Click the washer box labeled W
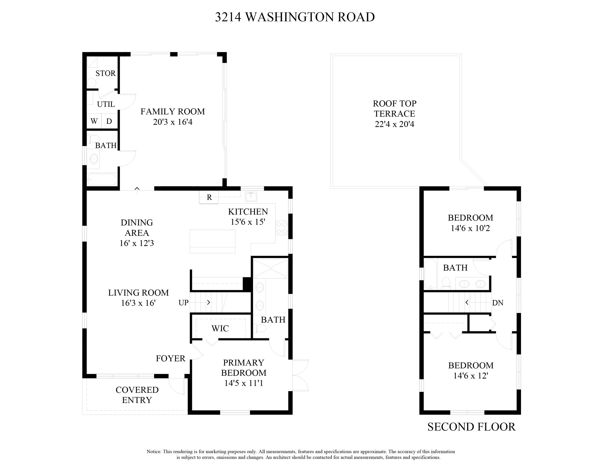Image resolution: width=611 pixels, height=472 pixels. (94, 121)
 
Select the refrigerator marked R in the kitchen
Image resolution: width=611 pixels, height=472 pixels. (209, 197)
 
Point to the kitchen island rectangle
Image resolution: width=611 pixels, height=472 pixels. (212, 241)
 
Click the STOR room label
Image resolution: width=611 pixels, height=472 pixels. (105, 73)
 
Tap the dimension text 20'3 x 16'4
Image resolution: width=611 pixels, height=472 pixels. (173, 122)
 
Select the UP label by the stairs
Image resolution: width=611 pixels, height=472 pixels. (184, 303)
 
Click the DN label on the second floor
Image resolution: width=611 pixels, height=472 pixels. (498, 303)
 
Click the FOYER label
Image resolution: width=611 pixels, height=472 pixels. (170, 358)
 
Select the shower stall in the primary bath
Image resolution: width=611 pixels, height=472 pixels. (270, 268)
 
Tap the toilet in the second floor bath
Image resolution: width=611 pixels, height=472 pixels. (446, 283)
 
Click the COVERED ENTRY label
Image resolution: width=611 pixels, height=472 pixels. (137, 395)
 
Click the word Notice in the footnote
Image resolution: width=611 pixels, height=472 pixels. (154, 452)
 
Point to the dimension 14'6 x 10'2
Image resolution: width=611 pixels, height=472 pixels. (470, 228)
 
